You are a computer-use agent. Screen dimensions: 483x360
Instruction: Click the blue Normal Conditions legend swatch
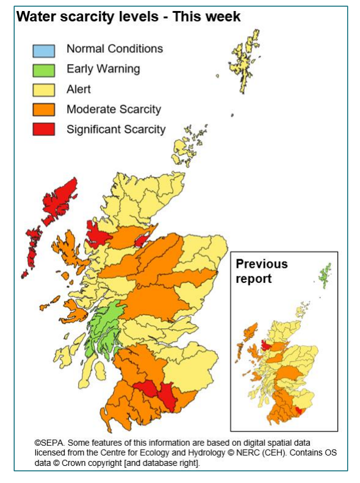tap(43, 50)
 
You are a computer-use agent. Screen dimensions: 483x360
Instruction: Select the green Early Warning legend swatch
tap(43, 70)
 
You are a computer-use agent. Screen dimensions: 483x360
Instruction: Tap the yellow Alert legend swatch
tap(43, 90)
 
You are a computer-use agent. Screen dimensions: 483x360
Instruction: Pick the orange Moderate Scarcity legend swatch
tap(43, 110)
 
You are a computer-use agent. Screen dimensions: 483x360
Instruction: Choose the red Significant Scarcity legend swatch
tap(43, 129)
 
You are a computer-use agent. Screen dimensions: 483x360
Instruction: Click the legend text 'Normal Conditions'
tap(115, 49)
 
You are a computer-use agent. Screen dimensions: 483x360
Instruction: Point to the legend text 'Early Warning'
tap(103, 69)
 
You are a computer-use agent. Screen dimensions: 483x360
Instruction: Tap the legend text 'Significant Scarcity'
tap(116, 129)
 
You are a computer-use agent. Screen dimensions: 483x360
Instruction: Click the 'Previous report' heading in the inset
tap(261, 271)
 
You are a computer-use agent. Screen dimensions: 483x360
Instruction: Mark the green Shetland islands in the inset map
tap(326, 276)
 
